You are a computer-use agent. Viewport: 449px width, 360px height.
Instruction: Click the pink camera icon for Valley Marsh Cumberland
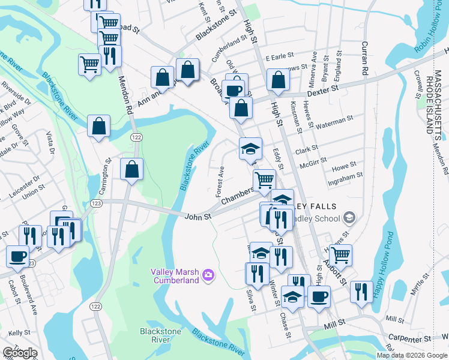pos(208,274)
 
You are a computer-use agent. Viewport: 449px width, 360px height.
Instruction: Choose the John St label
pos(198,217)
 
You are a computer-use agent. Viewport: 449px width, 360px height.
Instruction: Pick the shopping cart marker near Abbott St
pos(340,255)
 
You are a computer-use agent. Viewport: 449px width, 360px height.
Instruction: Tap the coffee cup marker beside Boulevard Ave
pos(17,256)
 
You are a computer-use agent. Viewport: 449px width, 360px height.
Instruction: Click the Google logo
pos(20,353)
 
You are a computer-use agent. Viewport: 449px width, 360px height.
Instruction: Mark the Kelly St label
pos(19,332)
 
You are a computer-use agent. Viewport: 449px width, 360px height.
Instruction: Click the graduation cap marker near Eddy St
pos(250,149)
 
